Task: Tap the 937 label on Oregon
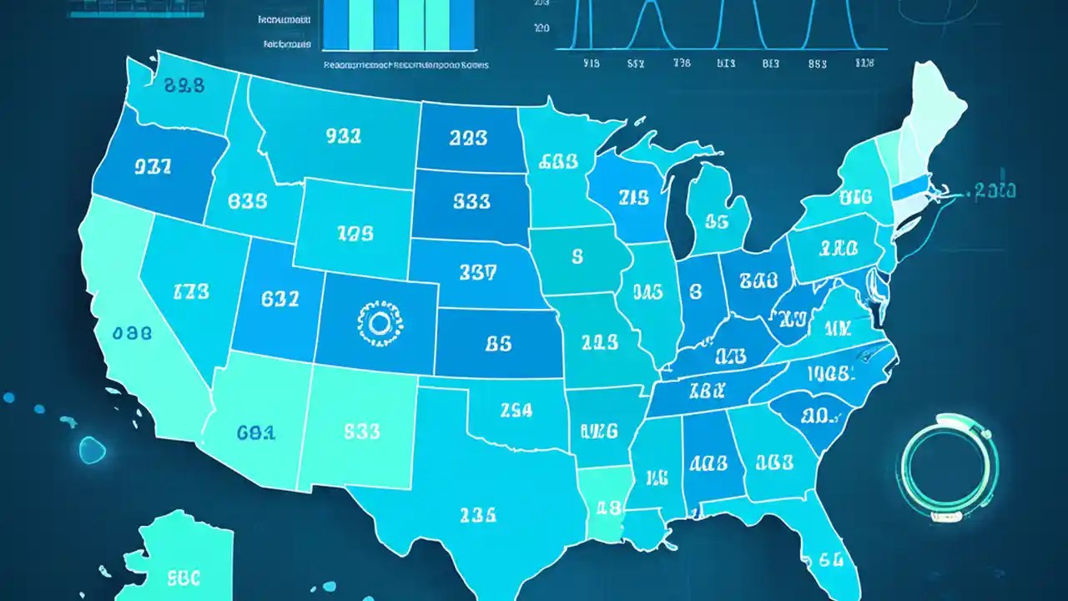coord(152,166)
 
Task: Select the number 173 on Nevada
coord(191,292)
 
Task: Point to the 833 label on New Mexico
coord(361,432)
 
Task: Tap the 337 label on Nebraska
coord(477,271)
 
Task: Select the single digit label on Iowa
coord(577,257)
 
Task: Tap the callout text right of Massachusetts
coord(994,191)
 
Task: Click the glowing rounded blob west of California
coord(92,450)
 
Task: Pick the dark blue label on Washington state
coord(184,84)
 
